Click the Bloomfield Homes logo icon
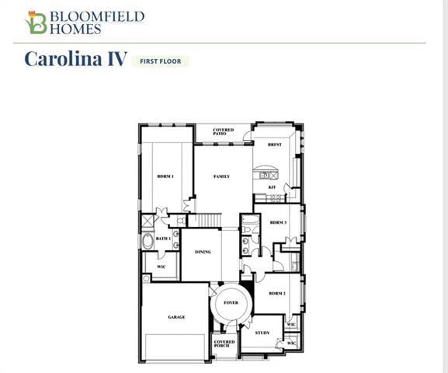[36, 23]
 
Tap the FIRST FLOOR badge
[161, 61]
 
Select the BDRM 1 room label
[165, 176]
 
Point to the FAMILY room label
[222, 176]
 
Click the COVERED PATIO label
[223, 131]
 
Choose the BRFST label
[274, 145]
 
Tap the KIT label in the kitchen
[272, 186]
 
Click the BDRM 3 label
[278, 222]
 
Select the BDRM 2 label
[277, 293]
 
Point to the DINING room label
[203, 251]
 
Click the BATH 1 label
[163, 239]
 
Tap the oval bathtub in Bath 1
[148, 241]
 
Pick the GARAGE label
[176, 317]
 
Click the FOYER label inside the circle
[231, 302]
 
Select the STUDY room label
[262, 333]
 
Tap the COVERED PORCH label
[224, 343]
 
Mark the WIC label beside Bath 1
[161, 267]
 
